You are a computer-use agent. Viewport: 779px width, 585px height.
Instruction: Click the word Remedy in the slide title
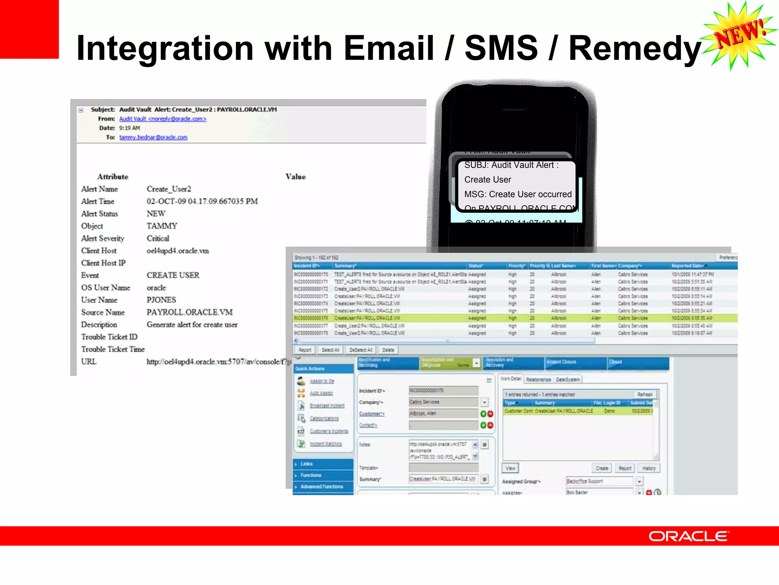click(634, 49)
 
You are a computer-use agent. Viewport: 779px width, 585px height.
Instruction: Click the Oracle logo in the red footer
click(688, 536)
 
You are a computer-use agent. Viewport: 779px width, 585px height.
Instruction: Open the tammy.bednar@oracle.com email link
click(153, 137)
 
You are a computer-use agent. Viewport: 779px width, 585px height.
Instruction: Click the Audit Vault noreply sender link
click(163, 119)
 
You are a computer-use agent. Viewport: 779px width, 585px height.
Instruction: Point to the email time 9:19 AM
click(129, 128)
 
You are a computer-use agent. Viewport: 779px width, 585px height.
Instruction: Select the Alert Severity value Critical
click(158, 238)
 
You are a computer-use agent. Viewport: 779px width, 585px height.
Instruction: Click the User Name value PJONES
click(161, 300)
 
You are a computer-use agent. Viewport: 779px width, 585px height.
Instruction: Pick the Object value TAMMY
click(162, 226)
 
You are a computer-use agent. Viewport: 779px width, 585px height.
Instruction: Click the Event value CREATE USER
click(173, 275)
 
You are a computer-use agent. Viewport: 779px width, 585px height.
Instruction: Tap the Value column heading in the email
click(296, 177)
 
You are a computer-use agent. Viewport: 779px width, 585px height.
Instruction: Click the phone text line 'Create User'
click(488, 179)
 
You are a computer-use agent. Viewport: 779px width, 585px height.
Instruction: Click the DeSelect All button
click(361, 350)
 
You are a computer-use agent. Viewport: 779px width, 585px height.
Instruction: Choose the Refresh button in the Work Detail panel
click(645, 395)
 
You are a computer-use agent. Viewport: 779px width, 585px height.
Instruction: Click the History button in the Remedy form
click(649, 468)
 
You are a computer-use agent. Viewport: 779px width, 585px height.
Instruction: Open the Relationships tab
click(538, 379)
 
